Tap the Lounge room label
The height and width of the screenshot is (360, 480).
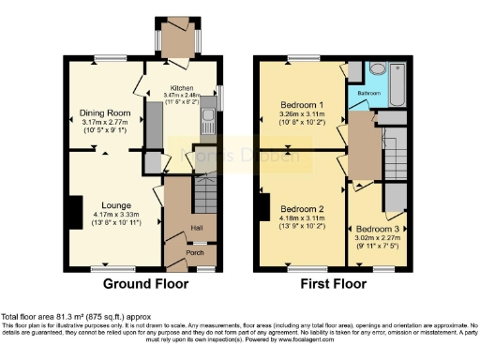point(105,199)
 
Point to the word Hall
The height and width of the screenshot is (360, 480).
point(198,227)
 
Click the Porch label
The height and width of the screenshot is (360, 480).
point(194,251)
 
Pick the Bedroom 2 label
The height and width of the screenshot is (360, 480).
point(303,208)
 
